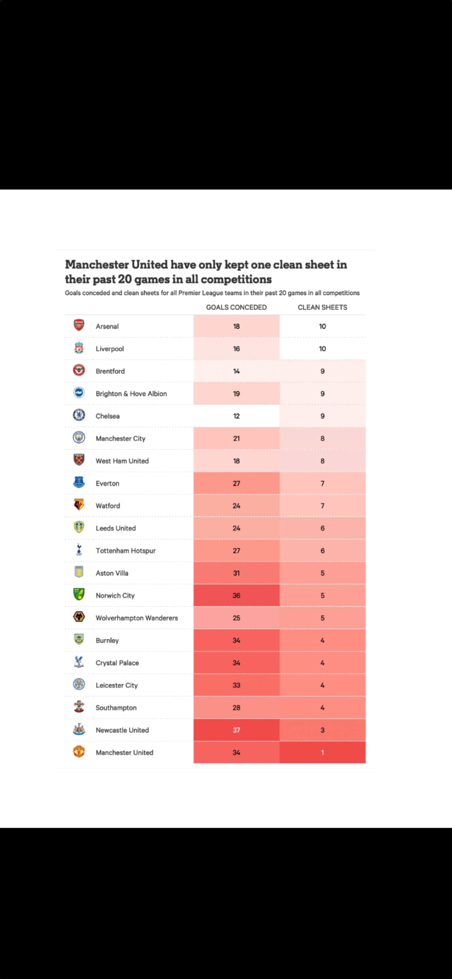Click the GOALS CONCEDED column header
click(x=236, y=307)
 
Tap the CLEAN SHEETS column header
click(x=322, y=307)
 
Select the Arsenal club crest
click(x=79, y=326)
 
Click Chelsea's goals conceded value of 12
click(x=236, y=416)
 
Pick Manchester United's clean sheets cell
click(x=322, y=752)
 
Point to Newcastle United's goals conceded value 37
click(x=236, y=730)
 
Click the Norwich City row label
click(x=115, y=596)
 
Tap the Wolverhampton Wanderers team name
click(x=137, y=618)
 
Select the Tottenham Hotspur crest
click(x=79, y=550)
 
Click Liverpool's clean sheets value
click(x=322, y=349)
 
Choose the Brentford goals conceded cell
click(x=236, y=371)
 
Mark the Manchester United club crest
click(x=79, y=752)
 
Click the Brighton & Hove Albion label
click(x=131, y=394)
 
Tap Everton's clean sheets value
click(x=322, y=483)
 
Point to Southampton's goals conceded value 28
click(x=236, y=707)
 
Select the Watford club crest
click(x=79, y=505)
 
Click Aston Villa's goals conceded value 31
click(x=236, y=573)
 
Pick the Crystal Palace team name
click(x=117, y=663)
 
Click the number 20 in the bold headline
click(x=124, y=279)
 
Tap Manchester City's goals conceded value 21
click(x=236, y=438)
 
